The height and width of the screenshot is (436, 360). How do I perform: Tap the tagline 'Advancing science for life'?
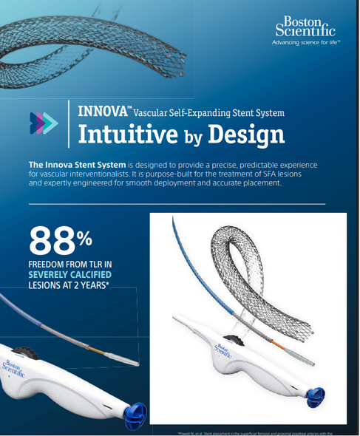[x=306, y=44]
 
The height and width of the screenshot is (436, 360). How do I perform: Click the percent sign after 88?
[x=84, y=237]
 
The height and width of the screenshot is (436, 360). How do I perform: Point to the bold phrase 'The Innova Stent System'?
[x=76, y=163]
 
